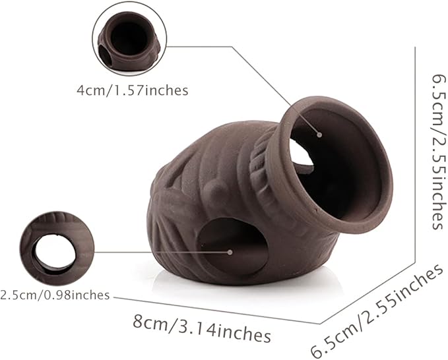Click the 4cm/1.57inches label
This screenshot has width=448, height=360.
coord(132,90)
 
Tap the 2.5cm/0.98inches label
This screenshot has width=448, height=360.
coord(55,295)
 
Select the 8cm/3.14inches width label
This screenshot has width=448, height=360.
coord(202,328)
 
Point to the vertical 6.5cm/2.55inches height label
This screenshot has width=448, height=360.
coord(439,152)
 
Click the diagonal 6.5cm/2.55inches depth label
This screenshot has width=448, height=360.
coord(378,311)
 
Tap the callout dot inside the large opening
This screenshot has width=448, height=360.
coord(319,135)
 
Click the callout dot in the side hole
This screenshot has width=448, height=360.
coord(230,252)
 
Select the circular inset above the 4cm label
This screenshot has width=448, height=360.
coord(129,42)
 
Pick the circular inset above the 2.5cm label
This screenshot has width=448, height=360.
coord(57,249)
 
